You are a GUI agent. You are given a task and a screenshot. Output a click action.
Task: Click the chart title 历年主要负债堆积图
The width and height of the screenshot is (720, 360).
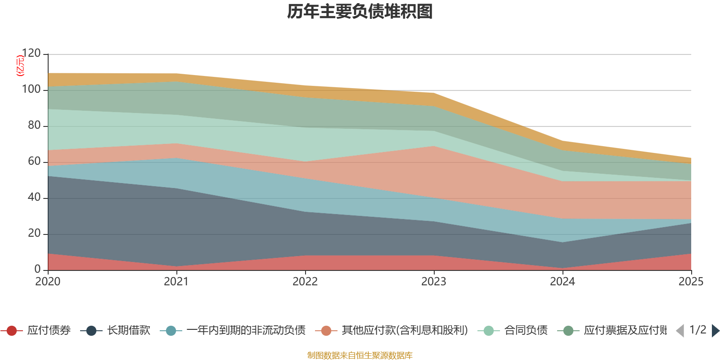tap(360, 12)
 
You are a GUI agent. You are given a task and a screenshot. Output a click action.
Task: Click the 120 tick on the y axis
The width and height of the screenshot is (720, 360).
tap(31, 54)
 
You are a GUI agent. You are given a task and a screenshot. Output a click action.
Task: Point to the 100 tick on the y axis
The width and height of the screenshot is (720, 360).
tap(31, 90)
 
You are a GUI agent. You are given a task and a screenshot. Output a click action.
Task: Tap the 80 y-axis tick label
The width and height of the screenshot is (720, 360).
tap(34, 126)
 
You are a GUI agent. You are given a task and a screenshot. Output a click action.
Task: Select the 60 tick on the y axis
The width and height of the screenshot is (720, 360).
tap(34, 162)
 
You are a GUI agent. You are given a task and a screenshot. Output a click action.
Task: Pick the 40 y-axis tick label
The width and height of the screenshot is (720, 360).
tap(34, 198)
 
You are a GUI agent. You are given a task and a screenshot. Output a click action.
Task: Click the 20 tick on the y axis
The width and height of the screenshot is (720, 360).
tap(34, 234)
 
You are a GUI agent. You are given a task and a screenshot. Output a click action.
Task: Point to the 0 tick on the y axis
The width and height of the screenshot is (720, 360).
tap(38, 270)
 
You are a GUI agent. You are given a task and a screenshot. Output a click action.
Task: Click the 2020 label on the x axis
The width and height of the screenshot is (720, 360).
tap(48, 282)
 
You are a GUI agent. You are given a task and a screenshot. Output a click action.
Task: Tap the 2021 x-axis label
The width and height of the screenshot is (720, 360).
tap(176, 282)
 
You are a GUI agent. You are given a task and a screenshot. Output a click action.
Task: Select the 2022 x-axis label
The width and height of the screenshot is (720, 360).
tap(305, 282)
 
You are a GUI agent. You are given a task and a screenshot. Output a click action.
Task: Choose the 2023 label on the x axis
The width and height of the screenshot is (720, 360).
tap(434, 282)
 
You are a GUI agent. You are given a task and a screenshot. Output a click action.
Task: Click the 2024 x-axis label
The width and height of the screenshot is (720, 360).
tap(562, 282)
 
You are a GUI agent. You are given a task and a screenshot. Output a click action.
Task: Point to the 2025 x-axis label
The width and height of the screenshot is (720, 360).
tap(691, 282)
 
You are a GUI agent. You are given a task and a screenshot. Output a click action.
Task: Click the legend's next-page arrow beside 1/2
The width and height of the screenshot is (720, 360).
tap(715, 331)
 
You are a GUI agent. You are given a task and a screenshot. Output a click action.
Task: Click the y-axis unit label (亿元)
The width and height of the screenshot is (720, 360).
tap(20, 66)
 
